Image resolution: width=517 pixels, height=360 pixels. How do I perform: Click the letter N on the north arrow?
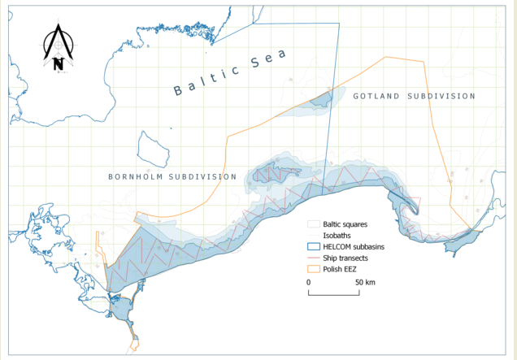coord(58,64)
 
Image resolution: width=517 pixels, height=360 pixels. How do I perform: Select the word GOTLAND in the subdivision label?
coord(377,96)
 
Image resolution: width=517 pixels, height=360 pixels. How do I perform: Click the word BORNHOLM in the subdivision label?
coord(137,176)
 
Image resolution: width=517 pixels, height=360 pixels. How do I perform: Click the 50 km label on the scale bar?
coord(365,281)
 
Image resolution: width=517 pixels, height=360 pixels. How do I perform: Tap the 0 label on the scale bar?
coord(309,281)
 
